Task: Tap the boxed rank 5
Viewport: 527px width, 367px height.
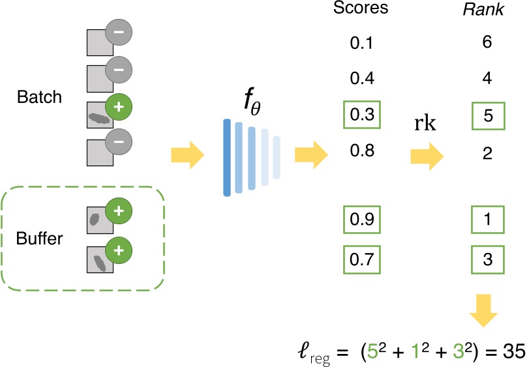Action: [x=487, y=115]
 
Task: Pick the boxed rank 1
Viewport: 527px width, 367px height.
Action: [x=487, y=220]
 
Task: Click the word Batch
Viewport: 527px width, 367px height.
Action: [x=40, y=98]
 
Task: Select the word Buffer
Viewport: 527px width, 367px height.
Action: [x=40, y=239]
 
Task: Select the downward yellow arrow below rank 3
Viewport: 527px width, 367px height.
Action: [x=484, y=309]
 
